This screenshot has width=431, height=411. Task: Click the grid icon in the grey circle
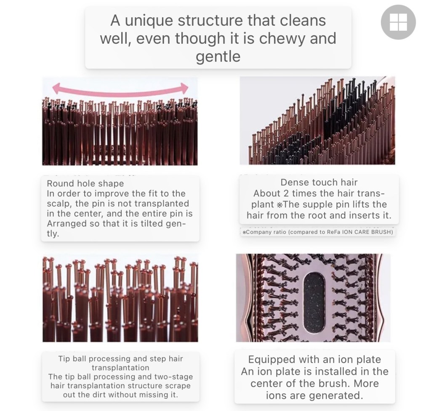point(398,22)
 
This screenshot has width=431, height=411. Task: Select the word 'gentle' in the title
point(218,56)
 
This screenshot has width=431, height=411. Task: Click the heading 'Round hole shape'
point(85,183)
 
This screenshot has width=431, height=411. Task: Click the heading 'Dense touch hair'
point(319,182)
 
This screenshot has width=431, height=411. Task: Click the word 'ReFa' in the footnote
point(333,232)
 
